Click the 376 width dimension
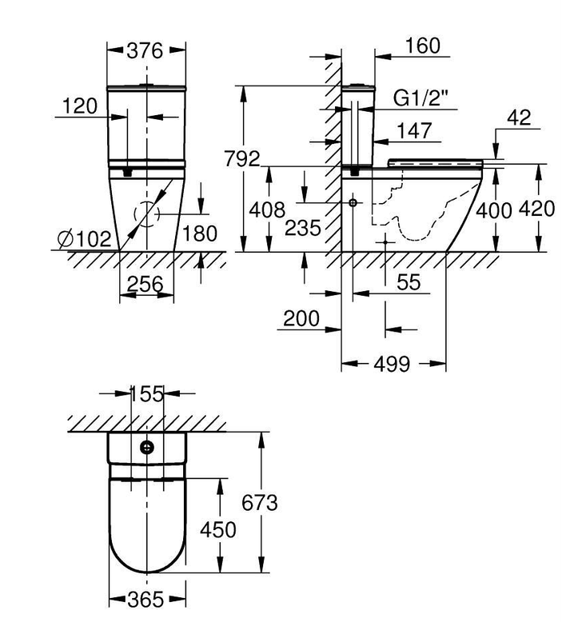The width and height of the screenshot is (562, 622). tap(145, 51)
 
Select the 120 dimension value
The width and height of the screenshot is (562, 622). tap(80, 106)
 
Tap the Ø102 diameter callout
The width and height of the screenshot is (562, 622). tap(84, 239)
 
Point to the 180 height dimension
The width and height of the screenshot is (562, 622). tap(200, 233)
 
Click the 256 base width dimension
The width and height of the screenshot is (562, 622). tap(145, 284)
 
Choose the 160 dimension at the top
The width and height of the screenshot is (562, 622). tap(422, 46)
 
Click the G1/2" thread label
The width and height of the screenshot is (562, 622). tap(421, 98)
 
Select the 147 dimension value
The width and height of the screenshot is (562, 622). tap(414, 130)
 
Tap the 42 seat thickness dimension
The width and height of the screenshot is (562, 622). tap(519, 118)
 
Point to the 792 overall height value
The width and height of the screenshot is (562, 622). tap(242, 158)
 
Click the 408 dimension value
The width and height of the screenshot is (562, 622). tap(267, 209)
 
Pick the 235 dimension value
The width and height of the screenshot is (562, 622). tap(303, 228)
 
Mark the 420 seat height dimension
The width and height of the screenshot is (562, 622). tap(536, 209)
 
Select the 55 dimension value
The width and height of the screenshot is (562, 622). tap(409, 282)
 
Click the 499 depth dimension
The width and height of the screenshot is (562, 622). tap(392, 364)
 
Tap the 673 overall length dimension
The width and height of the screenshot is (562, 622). tap(260, 503)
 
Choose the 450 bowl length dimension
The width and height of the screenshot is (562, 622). tap(217, 529)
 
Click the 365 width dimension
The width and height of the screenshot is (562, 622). tap(145, 600)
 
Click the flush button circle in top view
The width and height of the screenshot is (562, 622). tap(147, 448)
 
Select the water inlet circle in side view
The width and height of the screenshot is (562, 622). tap(353, 203)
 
